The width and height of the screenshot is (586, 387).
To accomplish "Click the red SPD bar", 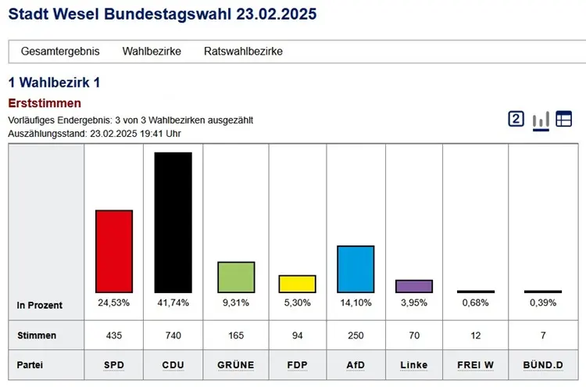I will [114, 251].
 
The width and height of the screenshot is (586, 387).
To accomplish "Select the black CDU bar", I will [173, 222].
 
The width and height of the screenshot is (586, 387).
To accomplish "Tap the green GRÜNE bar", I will [236, 277].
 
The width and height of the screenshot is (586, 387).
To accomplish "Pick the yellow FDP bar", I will [297, 284].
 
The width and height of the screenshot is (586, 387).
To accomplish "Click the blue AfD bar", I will [356, 269].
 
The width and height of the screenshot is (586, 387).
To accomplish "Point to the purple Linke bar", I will [414, 286].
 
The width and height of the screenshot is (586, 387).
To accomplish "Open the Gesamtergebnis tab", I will [60, 52].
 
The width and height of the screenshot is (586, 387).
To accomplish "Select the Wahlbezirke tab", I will [152, 52].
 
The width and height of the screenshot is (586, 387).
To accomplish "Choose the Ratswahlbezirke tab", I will [243, 52].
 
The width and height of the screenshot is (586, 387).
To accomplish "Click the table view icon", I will [563, 119].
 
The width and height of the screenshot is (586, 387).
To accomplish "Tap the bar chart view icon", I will [541, 120].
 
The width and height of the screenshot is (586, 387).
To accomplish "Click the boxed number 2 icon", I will [516, 119].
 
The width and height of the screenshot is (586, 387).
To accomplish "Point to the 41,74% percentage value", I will [173, 303].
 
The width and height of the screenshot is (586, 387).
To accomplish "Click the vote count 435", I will [114, 335].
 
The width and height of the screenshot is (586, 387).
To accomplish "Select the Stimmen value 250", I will [356, 335].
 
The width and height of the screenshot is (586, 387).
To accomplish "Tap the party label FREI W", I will [476, 365].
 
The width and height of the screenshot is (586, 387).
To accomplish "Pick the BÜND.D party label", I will [542, 365].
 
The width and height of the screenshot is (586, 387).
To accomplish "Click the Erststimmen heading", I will [45, 103].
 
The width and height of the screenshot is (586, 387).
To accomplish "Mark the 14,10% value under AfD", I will [356, 303].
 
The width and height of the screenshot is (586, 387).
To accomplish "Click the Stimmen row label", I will [37, 335].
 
